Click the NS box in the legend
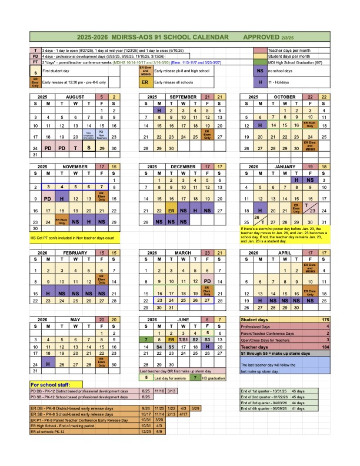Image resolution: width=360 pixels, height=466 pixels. pos(260,71)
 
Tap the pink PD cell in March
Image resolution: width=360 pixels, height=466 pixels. pos(207,281)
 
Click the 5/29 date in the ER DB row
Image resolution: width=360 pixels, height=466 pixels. pos(195,424)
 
